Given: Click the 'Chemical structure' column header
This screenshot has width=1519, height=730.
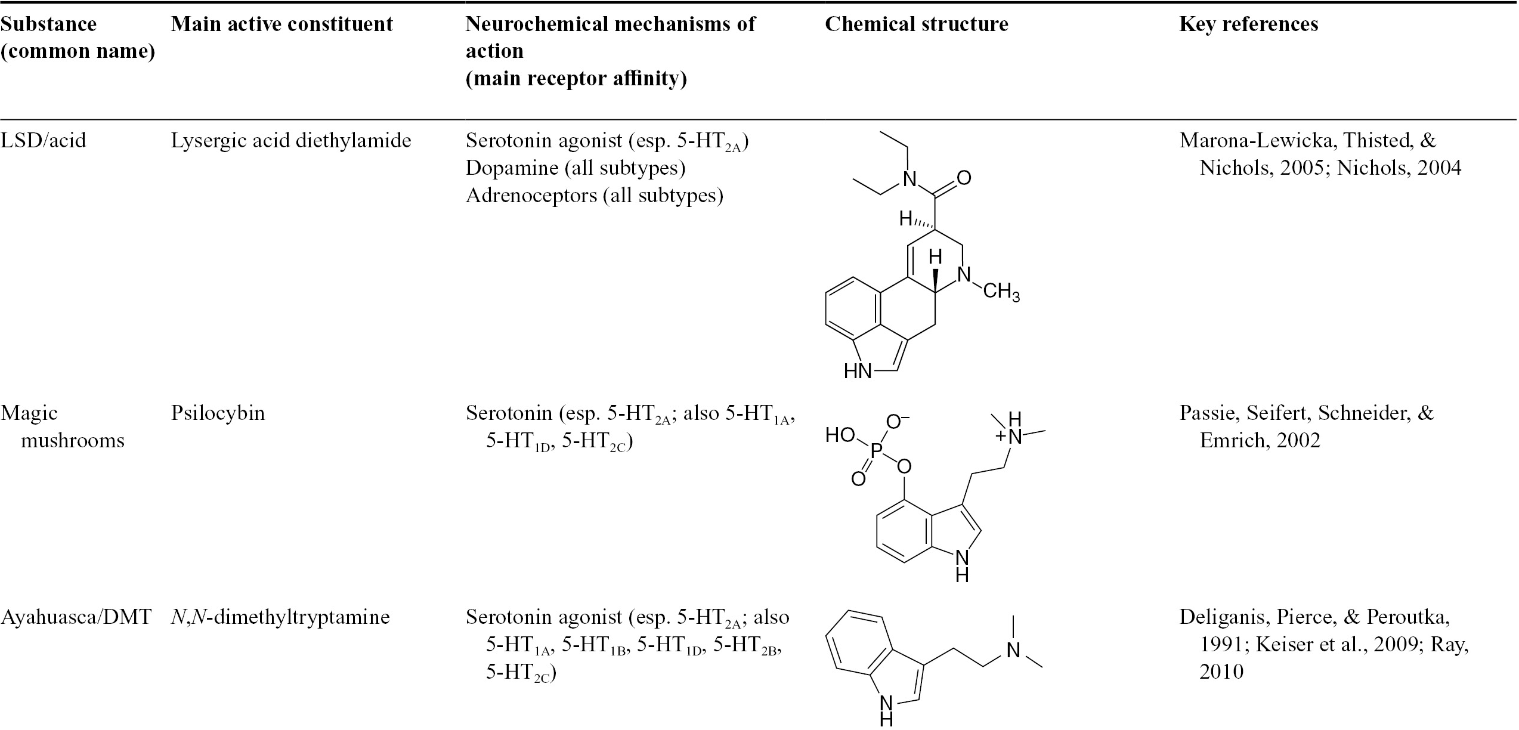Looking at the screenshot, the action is [917, 24].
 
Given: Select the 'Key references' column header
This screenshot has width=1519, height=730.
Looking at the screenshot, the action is [1249, 24].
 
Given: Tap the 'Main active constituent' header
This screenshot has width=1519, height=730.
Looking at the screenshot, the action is [282, 24].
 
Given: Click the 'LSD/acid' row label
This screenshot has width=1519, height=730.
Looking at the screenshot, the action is [44, 141].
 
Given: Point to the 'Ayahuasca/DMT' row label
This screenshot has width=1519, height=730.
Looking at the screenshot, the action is [76, 617].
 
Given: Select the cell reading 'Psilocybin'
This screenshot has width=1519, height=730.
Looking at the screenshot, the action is [218, 413].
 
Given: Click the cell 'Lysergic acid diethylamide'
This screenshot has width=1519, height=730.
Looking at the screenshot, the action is [291, 141].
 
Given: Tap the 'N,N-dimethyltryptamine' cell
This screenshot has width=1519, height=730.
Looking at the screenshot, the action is [280, 617].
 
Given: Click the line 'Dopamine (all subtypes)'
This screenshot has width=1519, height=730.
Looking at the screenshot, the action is [576, 168].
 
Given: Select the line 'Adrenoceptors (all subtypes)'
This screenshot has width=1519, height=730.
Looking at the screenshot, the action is [595, 196].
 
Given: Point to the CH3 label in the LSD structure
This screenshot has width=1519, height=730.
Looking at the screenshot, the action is [1001, 292].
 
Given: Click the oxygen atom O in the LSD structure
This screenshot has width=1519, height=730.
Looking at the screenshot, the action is [964, 178].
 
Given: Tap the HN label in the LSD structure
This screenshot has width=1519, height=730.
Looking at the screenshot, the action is [858, 372].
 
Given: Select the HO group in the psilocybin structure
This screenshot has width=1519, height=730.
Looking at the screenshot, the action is [841, 435].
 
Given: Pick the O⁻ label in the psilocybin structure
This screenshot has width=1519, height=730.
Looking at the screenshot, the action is [898, 422].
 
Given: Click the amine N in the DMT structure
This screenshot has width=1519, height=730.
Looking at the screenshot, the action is [1013, 649].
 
